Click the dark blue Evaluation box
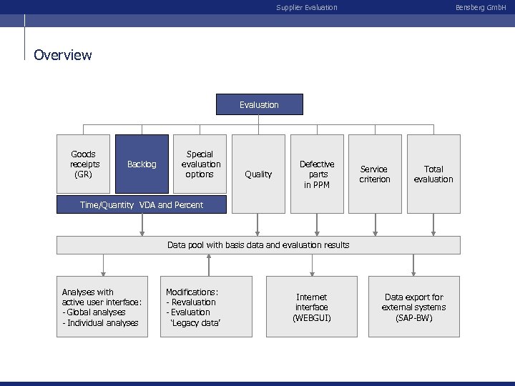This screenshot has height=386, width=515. coord(259,105)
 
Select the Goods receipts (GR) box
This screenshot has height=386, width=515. coord(84,164)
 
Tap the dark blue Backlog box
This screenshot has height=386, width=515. coord(142,164)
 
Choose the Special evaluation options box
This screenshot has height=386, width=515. coord(200,164)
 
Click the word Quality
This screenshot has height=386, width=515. coord(258,174)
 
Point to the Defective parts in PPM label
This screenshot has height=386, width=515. coord(317,174)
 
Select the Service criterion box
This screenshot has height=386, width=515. coord(375,174)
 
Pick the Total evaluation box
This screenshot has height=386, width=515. coord(433,174)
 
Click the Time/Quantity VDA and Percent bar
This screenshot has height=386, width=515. coord(142,205)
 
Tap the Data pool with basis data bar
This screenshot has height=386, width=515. coord(258,245)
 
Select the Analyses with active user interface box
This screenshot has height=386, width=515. coord(102,307)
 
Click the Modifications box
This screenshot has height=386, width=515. coord(208,307)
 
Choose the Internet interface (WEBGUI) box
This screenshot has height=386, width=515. coord(311,307)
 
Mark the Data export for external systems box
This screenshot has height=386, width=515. coord(413,307)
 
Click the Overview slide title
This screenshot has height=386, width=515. coord(63,55)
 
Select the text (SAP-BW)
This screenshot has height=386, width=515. coord(413,317)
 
